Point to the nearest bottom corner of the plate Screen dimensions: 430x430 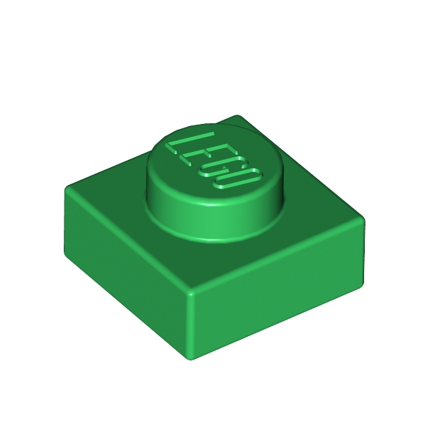pos(191,358)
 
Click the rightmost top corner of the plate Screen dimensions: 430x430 pos(362,219)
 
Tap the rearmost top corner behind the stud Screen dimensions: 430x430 pos(239,117)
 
